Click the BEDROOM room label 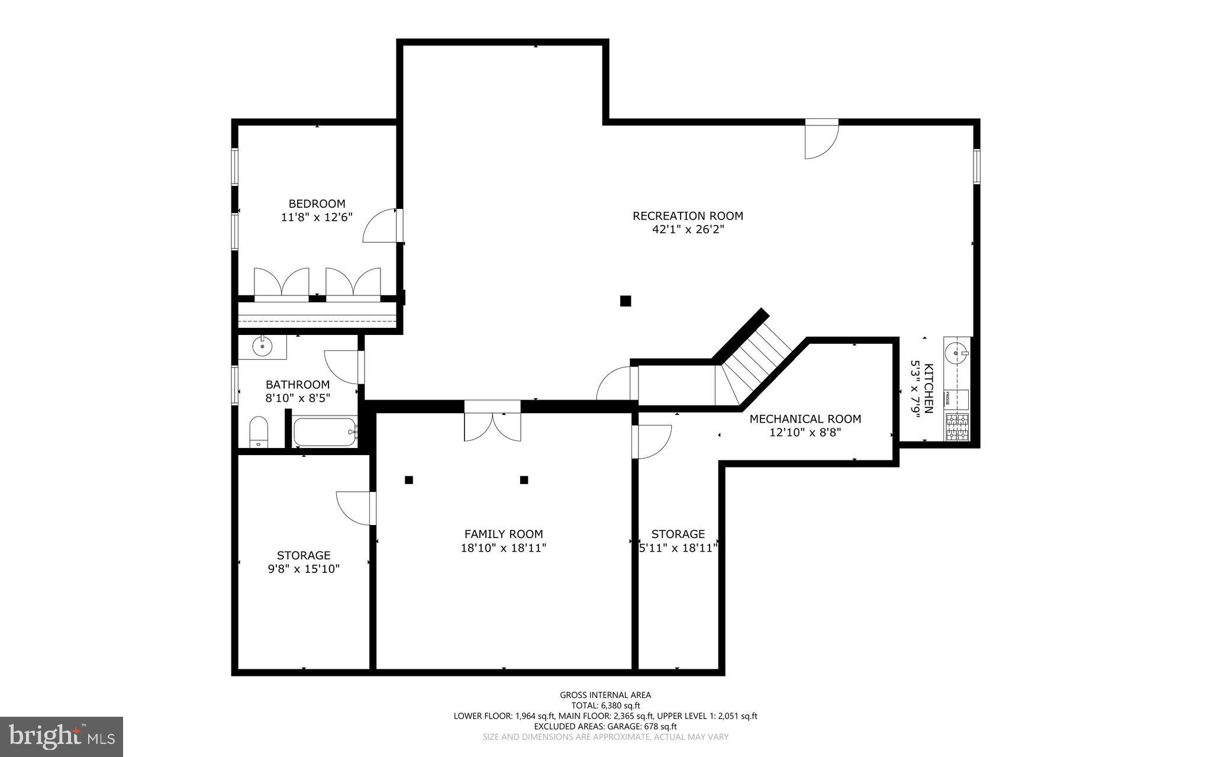(x=317, y=204)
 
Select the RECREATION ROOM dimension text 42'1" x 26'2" (x=688, y=229)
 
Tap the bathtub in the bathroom (x=325, y=432)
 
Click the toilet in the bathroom (x=259, y=433)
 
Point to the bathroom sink (x=262, y=346)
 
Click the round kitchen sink (x=956, y=353)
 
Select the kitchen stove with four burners (x=957, y=427)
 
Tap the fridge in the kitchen (x=956, y=400)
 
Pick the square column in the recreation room (x=626, y=301)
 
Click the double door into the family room (x=492, y=423)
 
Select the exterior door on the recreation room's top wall (x=821, y=138)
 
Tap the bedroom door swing (x=380, y=226)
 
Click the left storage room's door (x=355, y=508)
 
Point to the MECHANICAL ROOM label (x=805, y=419)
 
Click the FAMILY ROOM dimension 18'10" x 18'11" (x=503, y=548)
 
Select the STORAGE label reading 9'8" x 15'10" (x=304, y=562)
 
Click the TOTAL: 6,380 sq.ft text (x=605, y=706)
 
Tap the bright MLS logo (x=61, y=736)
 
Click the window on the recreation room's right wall (x=976, y=166)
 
